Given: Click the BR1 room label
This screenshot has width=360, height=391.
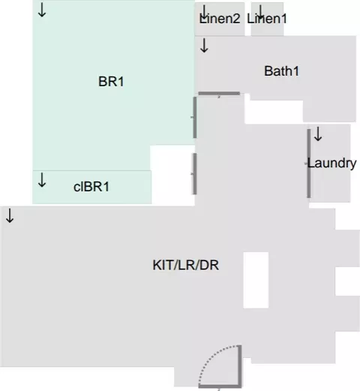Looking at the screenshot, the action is pyautogui.click(x=111, y=82).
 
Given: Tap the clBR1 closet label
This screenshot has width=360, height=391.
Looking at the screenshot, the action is pyautogui.click(x=91, y=187).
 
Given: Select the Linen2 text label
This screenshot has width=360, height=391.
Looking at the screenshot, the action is pyautogui.click(x=220, y=19).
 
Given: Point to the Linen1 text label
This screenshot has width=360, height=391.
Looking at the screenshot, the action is pyautogui.click(x=267, y=19).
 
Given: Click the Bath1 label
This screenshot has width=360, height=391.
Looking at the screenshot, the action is pyautogui.click(x=281, y=71).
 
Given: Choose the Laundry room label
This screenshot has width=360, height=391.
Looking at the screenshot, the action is pyautogui.click(x=331, y=163).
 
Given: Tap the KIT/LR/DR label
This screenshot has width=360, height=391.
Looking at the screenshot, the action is pyautogui.click(x=185, y=265).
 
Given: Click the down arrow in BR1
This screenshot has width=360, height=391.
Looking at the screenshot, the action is pyautogui.click(x=42, y=10).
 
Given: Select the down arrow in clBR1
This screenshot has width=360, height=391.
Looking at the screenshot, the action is pyautogui.click(x=42, y=180).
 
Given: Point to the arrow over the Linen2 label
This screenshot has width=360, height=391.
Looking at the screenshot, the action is pyautogui.click(x=205, y=12).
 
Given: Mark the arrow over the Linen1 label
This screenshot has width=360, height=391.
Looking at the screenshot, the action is pyautogui.click(x=261, y=12).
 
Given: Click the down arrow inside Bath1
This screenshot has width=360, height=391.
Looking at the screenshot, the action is pyautogui.click(x=204, y=45).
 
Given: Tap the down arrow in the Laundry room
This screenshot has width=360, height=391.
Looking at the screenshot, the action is pyautogui.click(x=318, y=134).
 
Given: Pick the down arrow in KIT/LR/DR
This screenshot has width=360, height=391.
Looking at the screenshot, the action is pyautogui.click(x=10, y=215).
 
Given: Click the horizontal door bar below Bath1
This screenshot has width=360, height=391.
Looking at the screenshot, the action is pyautogui.click(x=219, y=94).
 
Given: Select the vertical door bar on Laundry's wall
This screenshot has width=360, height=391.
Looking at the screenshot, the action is pyautogui.click(x=309, y=164).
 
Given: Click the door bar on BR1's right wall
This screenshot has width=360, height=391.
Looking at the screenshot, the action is pyautogui.click(x=195, y=118).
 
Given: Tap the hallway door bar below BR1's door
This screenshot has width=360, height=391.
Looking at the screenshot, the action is pyautogui.click(x=195, y=174).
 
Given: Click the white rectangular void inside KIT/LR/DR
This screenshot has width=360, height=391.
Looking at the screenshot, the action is pyautogui.click(x=256, y=280).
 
